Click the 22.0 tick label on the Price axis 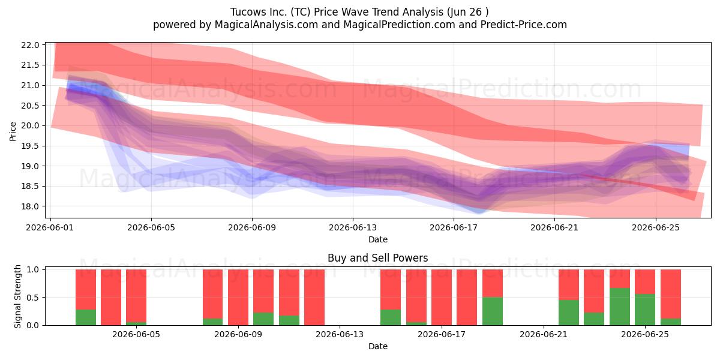click(30, 45)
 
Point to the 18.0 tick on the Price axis click(30, 206)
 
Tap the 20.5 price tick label click(30, 106)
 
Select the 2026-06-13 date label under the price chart click(353, 227)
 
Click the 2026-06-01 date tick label click(50, 227)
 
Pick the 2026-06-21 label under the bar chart click(544, 334)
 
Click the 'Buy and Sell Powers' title click(377, 258)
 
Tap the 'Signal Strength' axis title click(17, 296)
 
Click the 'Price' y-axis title click(13, 131)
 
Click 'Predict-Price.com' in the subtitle click(524, 25)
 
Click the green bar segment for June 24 click(620, 307)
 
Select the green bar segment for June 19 click(493, 311)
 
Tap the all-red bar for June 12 click(314, 298)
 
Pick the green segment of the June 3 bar click(85, 317)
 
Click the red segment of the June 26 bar click(671, 294)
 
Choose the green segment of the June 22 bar click(569, 313)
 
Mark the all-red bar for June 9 click(238, 298)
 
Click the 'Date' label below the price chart click(377, 239)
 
